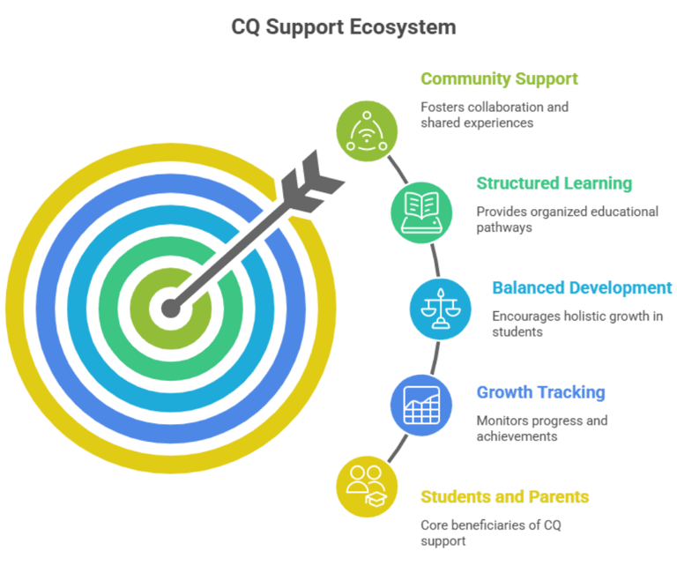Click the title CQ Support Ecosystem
[344, 27]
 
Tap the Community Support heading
[499, 79]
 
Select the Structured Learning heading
[554, 183]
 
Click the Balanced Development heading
[582, 287]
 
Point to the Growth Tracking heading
[540, 391]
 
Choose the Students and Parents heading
[505, 497]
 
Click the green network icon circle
[367, 131]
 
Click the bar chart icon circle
[420, 405]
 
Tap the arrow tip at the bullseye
[169, 307]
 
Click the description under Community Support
[494, 115]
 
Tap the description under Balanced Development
[577, 324]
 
